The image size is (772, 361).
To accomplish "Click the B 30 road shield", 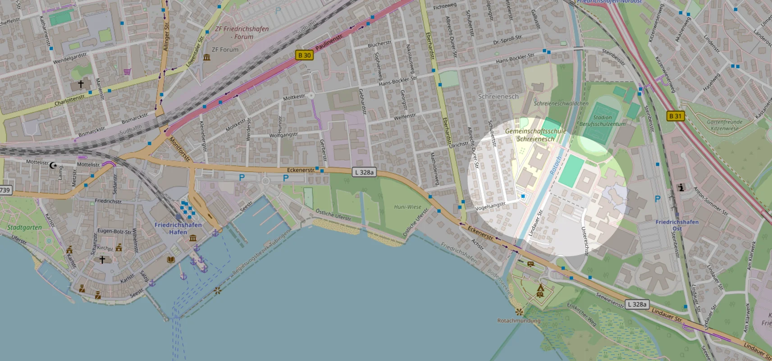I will tap(305, 55).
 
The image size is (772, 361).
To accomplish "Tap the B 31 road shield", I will tap(676, 116).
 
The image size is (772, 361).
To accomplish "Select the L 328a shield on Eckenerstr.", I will tap(364, 172).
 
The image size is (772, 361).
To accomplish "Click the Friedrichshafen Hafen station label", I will tap(178, 228).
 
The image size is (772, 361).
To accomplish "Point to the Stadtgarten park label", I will tap(24, 227).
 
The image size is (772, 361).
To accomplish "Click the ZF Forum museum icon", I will tap(207, 57).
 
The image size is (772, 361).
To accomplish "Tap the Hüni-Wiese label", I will tap(407, 207).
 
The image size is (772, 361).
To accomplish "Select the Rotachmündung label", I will tap(519, 320).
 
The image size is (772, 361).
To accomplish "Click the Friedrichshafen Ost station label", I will tap(677, 225).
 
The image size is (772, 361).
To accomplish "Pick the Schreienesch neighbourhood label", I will tap(498, 96).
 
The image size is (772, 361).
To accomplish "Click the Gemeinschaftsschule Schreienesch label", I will tap(535, 135).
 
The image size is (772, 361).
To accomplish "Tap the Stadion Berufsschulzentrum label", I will tap(603, 120).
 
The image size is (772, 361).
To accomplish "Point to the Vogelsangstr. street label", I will tap(491, 206).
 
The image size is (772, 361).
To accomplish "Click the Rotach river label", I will tap(556, 165).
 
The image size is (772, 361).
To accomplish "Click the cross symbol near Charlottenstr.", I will tap(81, 84).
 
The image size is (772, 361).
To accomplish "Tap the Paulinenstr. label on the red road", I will tap(329, 42).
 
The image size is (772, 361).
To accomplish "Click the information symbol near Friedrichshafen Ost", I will tap(681, 187).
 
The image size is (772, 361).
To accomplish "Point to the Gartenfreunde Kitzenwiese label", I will tap(725, 125).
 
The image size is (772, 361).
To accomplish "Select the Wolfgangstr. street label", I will tap(284, 135).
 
